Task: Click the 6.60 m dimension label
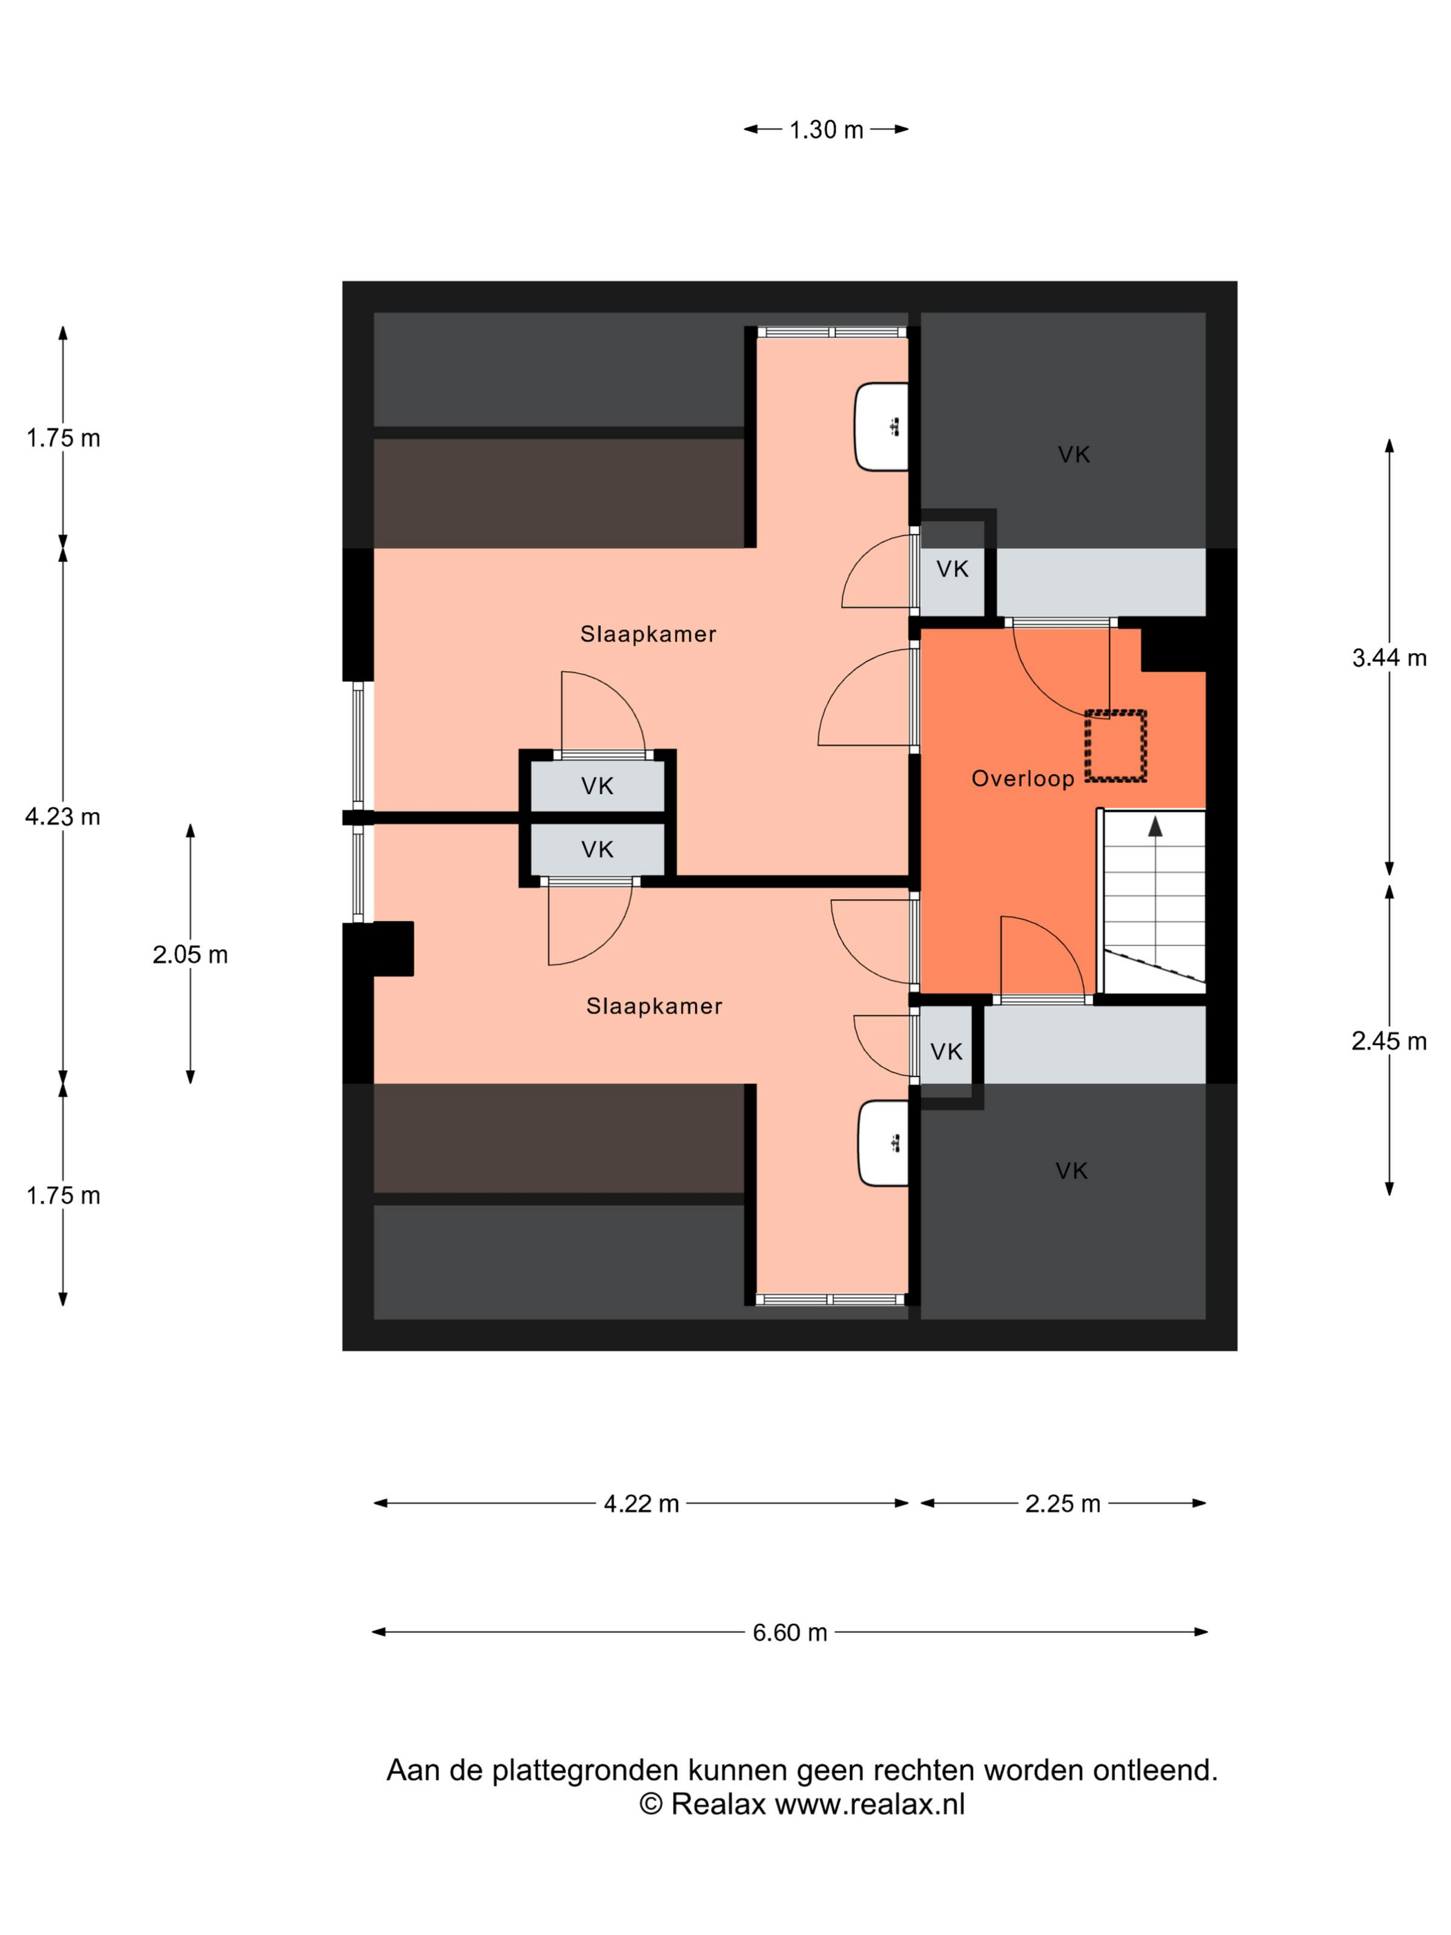(789, 1632)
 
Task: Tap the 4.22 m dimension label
(641, 1504)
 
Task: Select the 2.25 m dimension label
(1062, 1504)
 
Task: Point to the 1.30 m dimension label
(826, 129)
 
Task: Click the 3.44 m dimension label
(1389, 658)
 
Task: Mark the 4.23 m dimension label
(63, 816)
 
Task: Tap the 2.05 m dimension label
(190, 954)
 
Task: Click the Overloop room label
(1023, 779)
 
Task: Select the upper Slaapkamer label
(648, 634)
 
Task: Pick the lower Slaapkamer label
(654, 1006)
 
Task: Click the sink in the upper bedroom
(881, 427)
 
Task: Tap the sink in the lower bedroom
(882, 1143)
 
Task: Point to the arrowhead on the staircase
(1155, 826)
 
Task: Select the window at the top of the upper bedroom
(832, 332)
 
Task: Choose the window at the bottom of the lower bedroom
(830, 1300)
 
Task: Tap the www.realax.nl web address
(869, 1804)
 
